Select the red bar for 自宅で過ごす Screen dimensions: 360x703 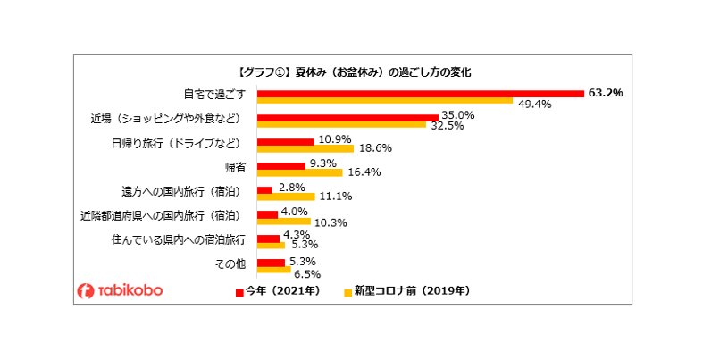[x=420, y=93]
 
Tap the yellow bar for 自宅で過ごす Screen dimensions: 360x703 [x=384, y=102]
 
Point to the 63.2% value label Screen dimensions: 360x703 [x=605, y=92]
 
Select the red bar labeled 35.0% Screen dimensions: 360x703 [x=347, y=117]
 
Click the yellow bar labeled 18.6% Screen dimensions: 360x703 [x=305, y=148]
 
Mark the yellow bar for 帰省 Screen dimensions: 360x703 [x=299, y=172]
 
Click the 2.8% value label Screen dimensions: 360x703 [x=292, y=186]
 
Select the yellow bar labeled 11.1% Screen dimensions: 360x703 [x=286, y=197]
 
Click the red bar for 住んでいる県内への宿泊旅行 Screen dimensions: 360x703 [x=268, y=239]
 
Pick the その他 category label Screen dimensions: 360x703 [x=230, y=264]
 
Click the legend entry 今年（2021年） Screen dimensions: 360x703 [x=279, y=290]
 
